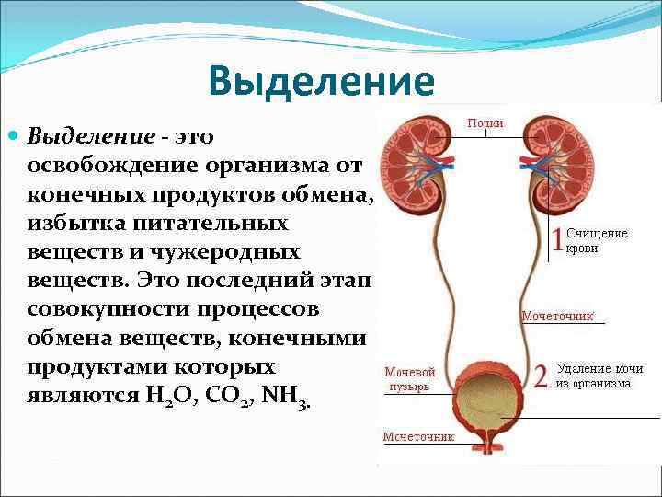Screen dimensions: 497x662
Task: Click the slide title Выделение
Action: [321, 81]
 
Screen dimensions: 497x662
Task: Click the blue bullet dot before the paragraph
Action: [13, 135]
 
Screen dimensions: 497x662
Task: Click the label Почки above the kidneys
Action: [485, 123]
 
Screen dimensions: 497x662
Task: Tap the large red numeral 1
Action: [557, 239]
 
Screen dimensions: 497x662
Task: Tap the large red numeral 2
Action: [541, 376]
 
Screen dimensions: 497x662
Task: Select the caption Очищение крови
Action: [595, 240]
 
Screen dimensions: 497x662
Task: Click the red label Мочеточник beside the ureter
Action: [557, 316]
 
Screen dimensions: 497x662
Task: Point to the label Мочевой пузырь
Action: [410, 379]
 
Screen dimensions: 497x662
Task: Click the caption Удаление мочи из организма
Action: [599, 376]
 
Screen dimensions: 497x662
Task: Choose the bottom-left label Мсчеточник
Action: [418, 436]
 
